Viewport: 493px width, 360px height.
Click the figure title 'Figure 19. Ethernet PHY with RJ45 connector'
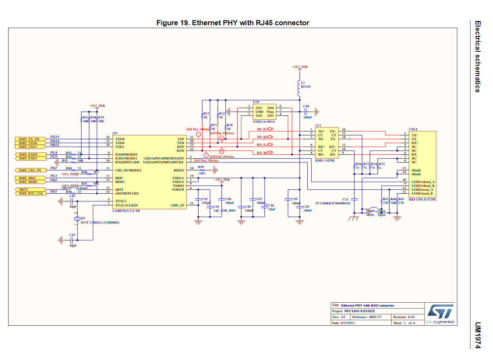click(x=233, y=23)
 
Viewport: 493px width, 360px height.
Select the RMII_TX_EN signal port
click(x=28, y=139)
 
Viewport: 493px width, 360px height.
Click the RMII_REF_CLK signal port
click(x=30, y=193)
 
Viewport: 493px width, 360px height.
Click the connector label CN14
click(x=413, y=129)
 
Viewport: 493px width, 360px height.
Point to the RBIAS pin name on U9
click(x=179, y=170)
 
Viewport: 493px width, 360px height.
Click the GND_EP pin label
click(x=177, y=205)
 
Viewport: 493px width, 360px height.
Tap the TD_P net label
click(x=261, y=129)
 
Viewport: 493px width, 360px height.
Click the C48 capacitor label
click(x=306, y=106)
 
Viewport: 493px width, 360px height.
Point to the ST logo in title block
click(x=440, y=311)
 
